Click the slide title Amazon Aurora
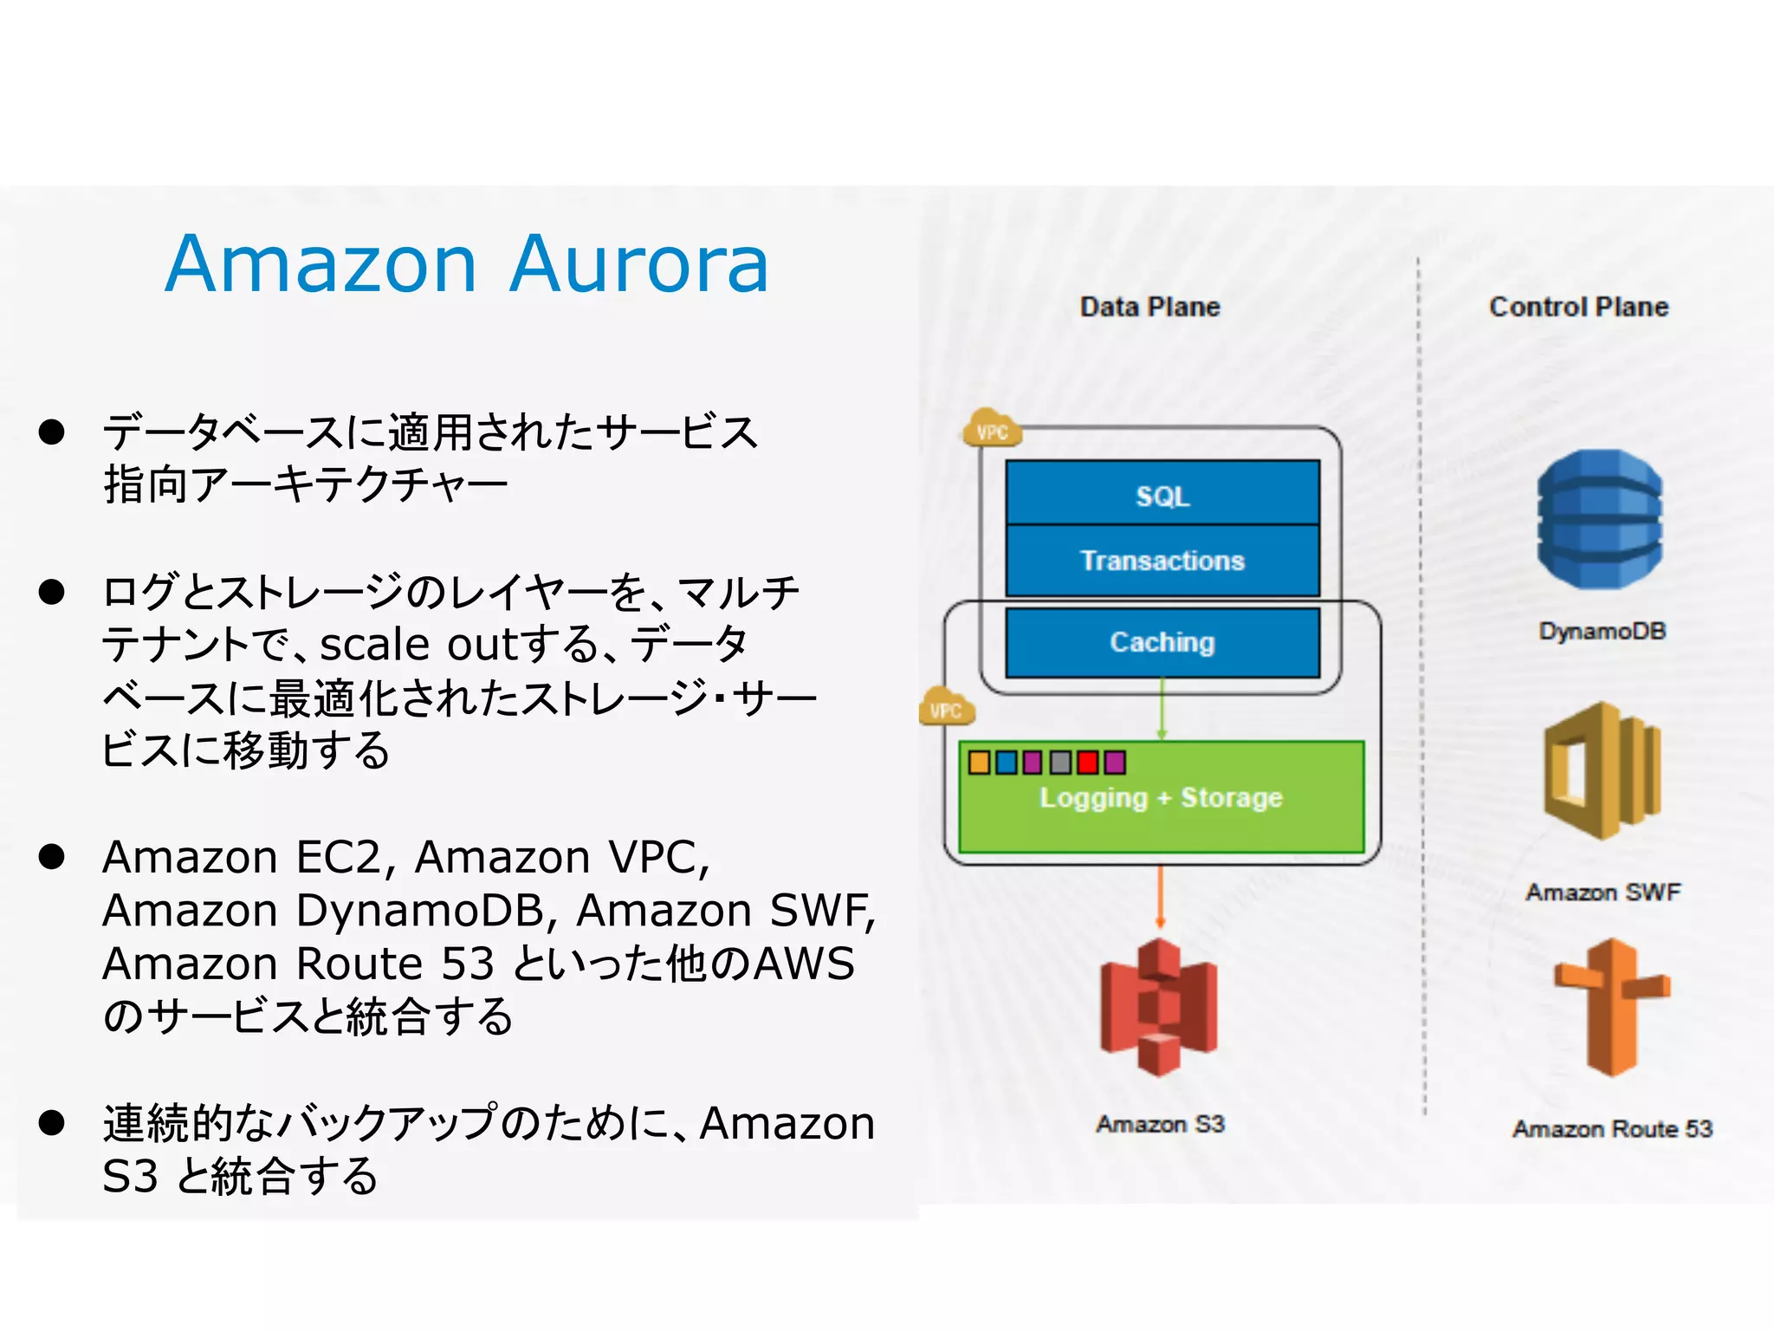click(x=467, y=263)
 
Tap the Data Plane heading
click(x=1149, y=307)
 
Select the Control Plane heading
click(x=1578, y=307)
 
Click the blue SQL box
click(x=1162, y=495)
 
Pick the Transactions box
click(x=1162, y=561)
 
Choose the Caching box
click(x=1162, y=642)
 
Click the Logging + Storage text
click(x=1161, y=798)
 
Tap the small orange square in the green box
click(x=979, y=763)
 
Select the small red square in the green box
click(x=1088, y=763)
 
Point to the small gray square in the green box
click(x=1060, y=763)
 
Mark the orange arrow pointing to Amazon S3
click(x=1161, y=898)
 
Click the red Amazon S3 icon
click(x=1159, y=1007)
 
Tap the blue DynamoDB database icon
click(x=1600, y=520)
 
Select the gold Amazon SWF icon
click(x=1602, y=770)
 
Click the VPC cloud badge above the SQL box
click(x=992, y=430)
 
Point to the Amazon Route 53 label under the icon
click(x=1612, y=1129)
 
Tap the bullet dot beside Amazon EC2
click(x=52, y=857)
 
